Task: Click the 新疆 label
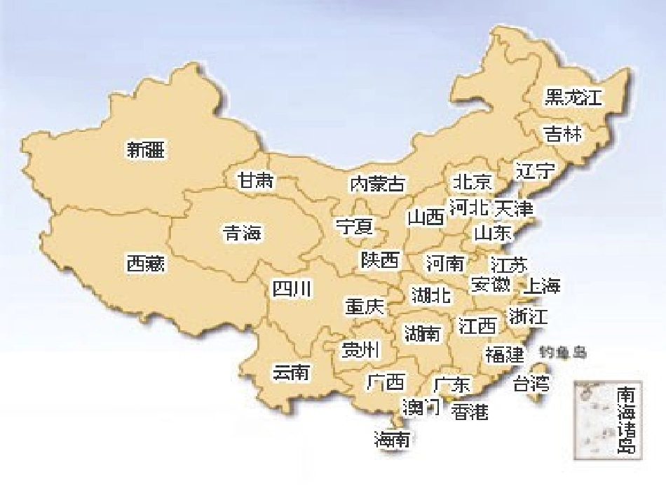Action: [x=146, y=149]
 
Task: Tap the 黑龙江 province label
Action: [x=573, y=97]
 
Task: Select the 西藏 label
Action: [x=146, y=263]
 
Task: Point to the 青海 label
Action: [x=242, y=233]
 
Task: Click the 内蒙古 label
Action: [x=377, y=184]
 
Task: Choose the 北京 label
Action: [x=473, y=182]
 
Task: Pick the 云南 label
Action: [x=291, y=372]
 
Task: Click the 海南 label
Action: [x=392, y=440]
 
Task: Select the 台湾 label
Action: [x=531, y=384]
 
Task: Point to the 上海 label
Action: [x=542, y=285]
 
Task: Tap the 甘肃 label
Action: [x=255, y=180]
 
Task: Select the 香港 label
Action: [x=470, y=412]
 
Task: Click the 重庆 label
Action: [x=365, y=306]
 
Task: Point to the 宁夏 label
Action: [x=355, y=227]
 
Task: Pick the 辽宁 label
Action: [x=536, y=170]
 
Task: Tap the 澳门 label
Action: [x=421, y=406]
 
